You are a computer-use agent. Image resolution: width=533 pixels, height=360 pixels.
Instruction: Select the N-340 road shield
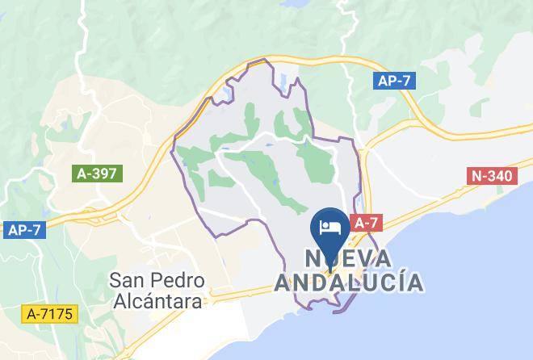[492, 176]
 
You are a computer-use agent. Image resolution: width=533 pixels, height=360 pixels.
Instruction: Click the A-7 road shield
[367, 222]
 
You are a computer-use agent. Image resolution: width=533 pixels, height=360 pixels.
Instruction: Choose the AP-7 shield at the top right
[396, 81]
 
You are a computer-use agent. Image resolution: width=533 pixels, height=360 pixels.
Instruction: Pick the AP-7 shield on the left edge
[24, 230]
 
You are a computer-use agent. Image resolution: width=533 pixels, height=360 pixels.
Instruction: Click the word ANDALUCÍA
[348, 283]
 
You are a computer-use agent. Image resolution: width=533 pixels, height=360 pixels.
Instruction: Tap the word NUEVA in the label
[348, 258]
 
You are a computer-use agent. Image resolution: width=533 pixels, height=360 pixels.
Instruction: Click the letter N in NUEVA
[315, 258]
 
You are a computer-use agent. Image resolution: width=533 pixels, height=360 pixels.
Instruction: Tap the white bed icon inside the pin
[330, 224]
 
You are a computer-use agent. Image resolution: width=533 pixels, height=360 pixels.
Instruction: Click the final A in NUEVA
[382, 258]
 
